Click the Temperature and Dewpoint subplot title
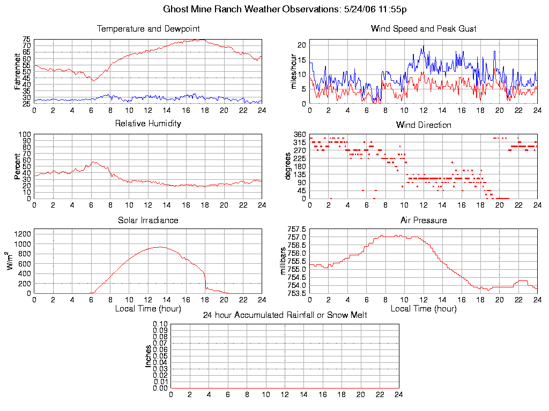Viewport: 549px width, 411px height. click(148, 28)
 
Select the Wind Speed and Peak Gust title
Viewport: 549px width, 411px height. click(424, 28)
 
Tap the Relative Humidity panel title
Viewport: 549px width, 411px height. click(148, 124)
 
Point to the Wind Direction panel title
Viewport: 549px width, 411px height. click(424, 125)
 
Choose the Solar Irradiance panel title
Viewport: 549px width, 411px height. click(148, 220)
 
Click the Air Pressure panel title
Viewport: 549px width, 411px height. click(424, 220)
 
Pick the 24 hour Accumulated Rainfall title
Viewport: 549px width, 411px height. click(285, 315)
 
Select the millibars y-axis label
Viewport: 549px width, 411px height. click(284, 262)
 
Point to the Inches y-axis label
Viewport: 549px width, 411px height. click(149, 356)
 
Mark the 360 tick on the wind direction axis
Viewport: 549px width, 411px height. click(300, 134)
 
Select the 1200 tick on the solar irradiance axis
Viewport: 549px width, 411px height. click(23, 233)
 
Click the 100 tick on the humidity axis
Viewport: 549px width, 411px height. click(25, 134)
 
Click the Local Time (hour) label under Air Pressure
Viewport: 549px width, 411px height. click(424, 309)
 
